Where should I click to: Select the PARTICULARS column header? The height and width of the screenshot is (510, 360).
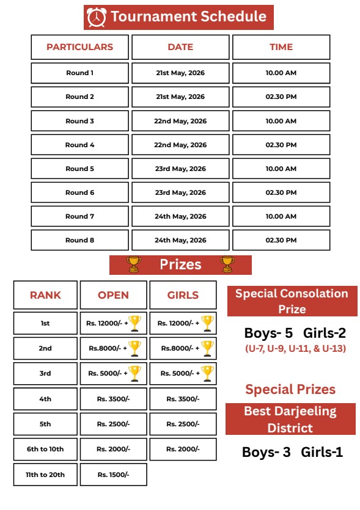tap(80, 47)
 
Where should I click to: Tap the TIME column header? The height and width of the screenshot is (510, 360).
tap(281, 47)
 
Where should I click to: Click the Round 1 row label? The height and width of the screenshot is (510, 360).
tap(80, 73)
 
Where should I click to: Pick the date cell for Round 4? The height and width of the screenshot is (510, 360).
tap(180, 145)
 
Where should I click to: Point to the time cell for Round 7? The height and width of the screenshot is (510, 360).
tap(281, 216)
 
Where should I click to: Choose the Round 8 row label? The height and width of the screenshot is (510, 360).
tap(80, 240)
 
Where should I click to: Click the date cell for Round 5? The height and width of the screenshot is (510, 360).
tap(180, 169)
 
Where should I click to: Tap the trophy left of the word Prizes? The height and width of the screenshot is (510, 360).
tap(133, 264)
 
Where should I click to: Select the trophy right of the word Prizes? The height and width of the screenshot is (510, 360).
tap(227, 264)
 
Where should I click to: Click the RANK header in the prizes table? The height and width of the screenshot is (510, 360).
tap(46, 295)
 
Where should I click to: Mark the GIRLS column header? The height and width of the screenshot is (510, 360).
tap(183, 295)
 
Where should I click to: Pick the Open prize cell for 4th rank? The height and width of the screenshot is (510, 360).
tap(113, 399)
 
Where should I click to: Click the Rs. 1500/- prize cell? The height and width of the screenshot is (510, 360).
tap(113, 475)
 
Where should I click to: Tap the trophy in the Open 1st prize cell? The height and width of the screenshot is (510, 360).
tap(135, 322)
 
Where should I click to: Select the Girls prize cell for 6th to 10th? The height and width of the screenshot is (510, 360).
tap(183, 449)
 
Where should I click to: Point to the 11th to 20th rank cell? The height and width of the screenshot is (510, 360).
tap(46, 475)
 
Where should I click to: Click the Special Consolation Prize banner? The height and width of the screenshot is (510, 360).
tap(292, 301)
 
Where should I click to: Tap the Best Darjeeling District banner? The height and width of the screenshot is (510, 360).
tap(290, 419)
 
